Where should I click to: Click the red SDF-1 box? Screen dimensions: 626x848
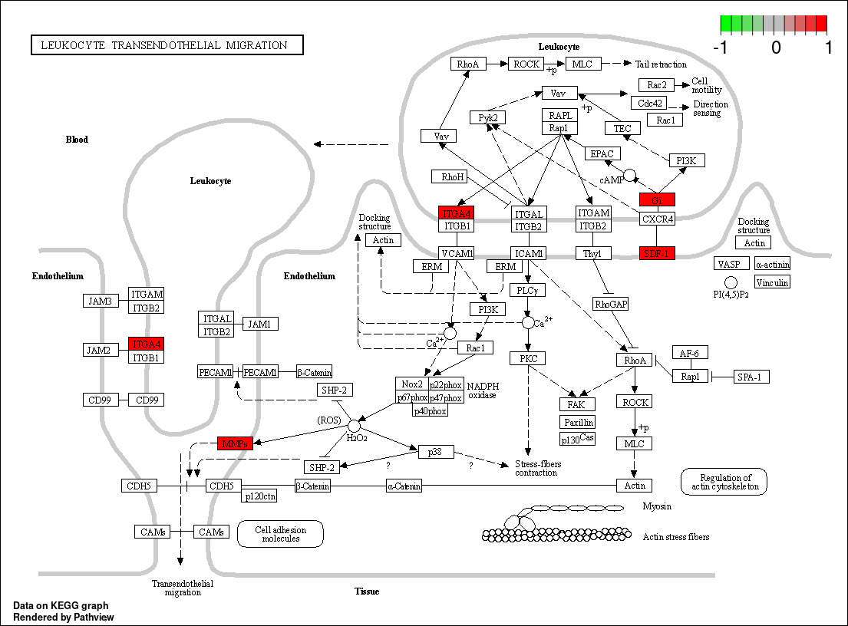point(657,253)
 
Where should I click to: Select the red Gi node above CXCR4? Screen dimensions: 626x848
point(657,200)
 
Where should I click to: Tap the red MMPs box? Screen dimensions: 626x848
point(235,443)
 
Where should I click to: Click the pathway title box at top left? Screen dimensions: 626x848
point(167,45)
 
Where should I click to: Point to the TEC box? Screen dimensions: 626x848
point(622,128)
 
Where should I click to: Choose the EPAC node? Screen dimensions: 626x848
point(603,153)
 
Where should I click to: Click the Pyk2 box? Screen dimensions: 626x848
point(488,117)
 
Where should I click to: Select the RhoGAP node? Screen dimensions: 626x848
point(611,305)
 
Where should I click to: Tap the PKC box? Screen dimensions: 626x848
point(527,358)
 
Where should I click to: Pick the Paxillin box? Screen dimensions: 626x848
point(578,422)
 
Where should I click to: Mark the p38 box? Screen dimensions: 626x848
point(436,452)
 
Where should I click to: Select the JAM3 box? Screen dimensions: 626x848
point(101,301)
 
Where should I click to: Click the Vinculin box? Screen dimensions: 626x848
point(772,282)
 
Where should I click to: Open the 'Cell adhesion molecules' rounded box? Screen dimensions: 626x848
point(280,534)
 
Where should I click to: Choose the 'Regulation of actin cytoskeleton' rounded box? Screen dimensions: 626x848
point(723,481)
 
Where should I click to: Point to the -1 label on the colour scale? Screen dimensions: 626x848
point(720,48)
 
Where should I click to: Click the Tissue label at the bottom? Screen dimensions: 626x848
point(367,591)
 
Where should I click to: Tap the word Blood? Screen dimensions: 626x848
point(77,140)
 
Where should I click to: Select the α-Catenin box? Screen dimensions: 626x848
point(403,486)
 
